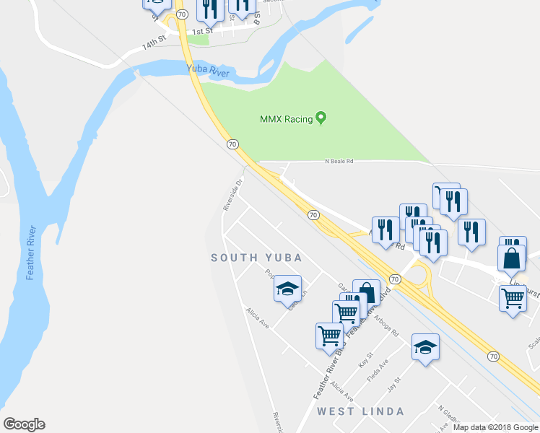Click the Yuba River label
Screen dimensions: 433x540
[x=208, y=71]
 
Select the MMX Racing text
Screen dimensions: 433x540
[x=286, y=119]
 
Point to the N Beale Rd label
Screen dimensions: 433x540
[x=339, y=162]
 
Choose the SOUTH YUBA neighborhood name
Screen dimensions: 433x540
[x=256, y=258]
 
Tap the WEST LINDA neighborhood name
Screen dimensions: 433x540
[x=354, y=411]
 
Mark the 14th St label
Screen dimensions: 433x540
[x=154, y=44]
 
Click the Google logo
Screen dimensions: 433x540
[x=24, y=424]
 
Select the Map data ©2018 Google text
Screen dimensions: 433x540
[x=496, y=427]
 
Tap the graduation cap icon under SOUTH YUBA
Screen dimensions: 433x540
[x=287, y=289]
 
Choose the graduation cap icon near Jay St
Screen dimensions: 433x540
[x=425, y=346]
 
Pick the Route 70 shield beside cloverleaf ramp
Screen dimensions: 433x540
[x=394, y=279]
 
